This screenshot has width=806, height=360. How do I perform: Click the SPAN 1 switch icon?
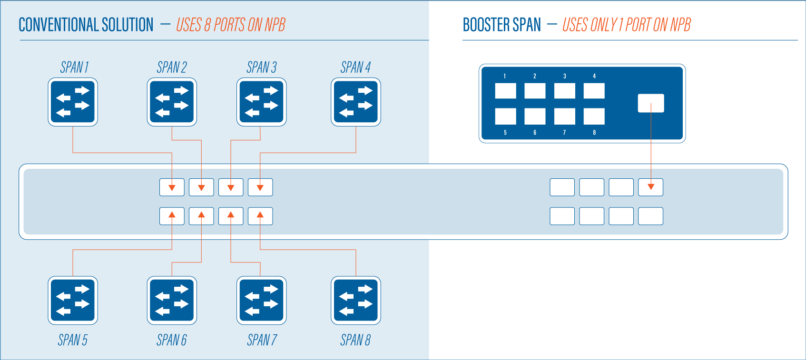73,102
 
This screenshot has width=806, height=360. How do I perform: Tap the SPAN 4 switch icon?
356,102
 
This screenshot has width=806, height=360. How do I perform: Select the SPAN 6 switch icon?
172,300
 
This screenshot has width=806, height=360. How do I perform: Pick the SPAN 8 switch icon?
356,300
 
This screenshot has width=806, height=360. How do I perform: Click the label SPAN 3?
262,67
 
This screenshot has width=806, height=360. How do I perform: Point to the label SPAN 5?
73,340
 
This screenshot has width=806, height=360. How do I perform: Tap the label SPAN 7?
262,340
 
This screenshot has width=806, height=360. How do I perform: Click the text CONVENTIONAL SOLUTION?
86,25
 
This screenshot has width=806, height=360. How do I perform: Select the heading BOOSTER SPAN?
501,25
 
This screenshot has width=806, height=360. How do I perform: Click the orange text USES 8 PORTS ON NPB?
231,25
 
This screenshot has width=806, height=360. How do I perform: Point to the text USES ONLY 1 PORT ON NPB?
627,25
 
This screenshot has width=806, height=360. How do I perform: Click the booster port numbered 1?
506,91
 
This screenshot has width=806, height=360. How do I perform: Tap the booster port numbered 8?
594,117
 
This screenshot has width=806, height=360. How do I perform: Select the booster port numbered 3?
565,91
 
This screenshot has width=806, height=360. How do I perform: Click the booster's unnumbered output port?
651,103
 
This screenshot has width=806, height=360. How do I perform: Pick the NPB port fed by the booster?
650,187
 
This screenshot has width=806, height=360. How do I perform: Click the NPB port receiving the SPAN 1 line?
172,187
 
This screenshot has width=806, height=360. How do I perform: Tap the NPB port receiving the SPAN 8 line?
261,216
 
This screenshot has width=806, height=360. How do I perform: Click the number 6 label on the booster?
535,133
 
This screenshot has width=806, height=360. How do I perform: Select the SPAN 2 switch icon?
172,102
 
